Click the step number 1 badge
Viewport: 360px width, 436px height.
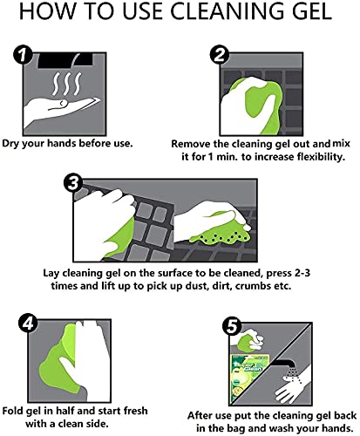pyautogui.click(x=23, y=54)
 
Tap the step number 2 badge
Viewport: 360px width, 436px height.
pyautogui.click(x=220, y=55)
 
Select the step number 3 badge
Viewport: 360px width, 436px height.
pyautogui.click(x=73, y=183)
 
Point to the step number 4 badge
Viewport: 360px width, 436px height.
pyautogui.click(x=28, y=323)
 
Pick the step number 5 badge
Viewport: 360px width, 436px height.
pyautogui.click(x=232, y=326)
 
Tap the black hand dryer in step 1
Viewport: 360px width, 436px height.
pyautogui.click(x=65, y=60)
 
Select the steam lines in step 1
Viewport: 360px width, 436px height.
pyautogui.click(x=66, y=84)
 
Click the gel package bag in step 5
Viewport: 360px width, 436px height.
pyautogui.click(x=249, y=378)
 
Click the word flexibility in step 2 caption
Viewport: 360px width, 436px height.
pyautogui.click(x=321, y=157)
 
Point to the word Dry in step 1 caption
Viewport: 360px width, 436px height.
pyautogui.click(x=10, y=144)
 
